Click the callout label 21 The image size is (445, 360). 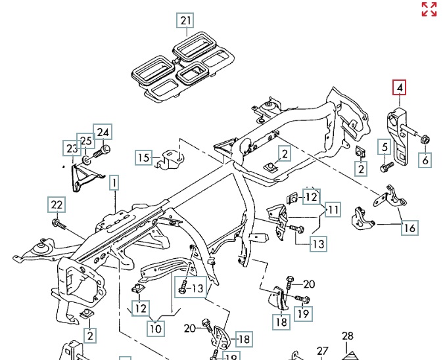tap(186, 21)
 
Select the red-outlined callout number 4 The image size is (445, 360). tap(400, 87)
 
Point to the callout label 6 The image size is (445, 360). tap(425, 159)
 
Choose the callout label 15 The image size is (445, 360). tap(143, 157)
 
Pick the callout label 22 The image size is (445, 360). tap(57, 205)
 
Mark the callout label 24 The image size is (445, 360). tap(102, 133)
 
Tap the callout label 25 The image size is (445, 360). tap(85, 141)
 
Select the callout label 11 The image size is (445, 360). tap(334, 210)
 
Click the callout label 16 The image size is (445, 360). tap(410, 229)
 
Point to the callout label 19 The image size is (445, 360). tap(303, 313)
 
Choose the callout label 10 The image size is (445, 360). tap(155, 326)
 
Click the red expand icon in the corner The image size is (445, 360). tap(429, 9)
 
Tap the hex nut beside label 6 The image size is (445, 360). tap(424, 139)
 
